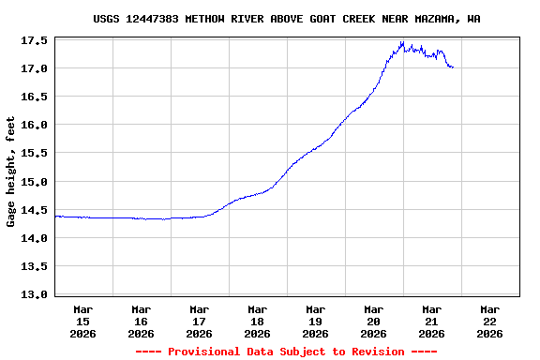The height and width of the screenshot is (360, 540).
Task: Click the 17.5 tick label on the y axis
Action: [x=35, y=41]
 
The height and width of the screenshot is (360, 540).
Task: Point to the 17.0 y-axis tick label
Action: [x=35, y=69]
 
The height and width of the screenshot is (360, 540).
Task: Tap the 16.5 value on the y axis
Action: [x=35, y=97]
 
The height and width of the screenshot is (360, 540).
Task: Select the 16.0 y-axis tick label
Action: [x=35, y=126]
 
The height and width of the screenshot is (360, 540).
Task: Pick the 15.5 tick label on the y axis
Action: [x=35, y=154]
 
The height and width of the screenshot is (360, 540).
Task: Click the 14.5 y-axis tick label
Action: [x=35, y=210]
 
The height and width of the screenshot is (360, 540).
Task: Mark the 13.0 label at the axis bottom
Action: [x=35, y=294]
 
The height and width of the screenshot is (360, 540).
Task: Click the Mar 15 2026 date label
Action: [x=83, y=321]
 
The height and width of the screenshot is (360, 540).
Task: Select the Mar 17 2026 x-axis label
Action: [x=200, y=321]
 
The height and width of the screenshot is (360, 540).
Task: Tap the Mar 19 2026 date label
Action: [x=316, y=321]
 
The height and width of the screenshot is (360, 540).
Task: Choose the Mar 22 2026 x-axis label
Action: [x=489, y=321]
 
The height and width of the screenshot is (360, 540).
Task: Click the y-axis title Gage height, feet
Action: [x=11, y=172]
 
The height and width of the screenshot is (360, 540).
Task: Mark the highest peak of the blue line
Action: [x=402, y=41]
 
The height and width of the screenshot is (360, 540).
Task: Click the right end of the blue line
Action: [x=453, y=67]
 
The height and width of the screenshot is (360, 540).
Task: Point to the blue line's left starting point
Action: [x=55, y=217]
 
